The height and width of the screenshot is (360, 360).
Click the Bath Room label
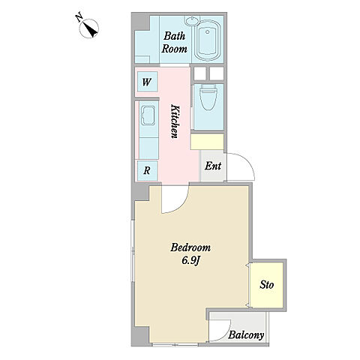tap(175, 43)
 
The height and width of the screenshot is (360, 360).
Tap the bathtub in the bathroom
tap(208, 40)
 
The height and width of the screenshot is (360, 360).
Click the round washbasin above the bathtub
tap(192, 19)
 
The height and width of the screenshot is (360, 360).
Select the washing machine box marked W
tap(147, 82)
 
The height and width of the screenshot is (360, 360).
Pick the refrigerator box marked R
tap(147, 171)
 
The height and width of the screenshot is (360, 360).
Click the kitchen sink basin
tap(148, 115)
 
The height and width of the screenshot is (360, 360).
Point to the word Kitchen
tap(175, 121)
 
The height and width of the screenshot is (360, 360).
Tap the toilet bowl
tap(208, 97)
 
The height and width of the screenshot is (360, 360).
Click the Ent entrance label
tap(213, 166)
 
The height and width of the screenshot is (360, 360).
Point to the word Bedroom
tap(190, 247)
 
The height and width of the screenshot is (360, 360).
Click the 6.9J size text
tap(191, 261)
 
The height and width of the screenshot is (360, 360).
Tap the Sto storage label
tap(267, 285)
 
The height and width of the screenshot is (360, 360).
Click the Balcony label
tap(246, 335)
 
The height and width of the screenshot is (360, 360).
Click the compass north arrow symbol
tap(89, 28)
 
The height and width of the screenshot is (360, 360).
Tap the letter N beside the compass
tap(79, 18)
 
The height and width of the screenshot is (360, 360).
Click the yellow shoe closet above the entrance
tap(207, 142)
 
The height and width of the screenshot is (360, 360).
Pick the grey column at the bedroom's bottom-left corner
tap(140, 334)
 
